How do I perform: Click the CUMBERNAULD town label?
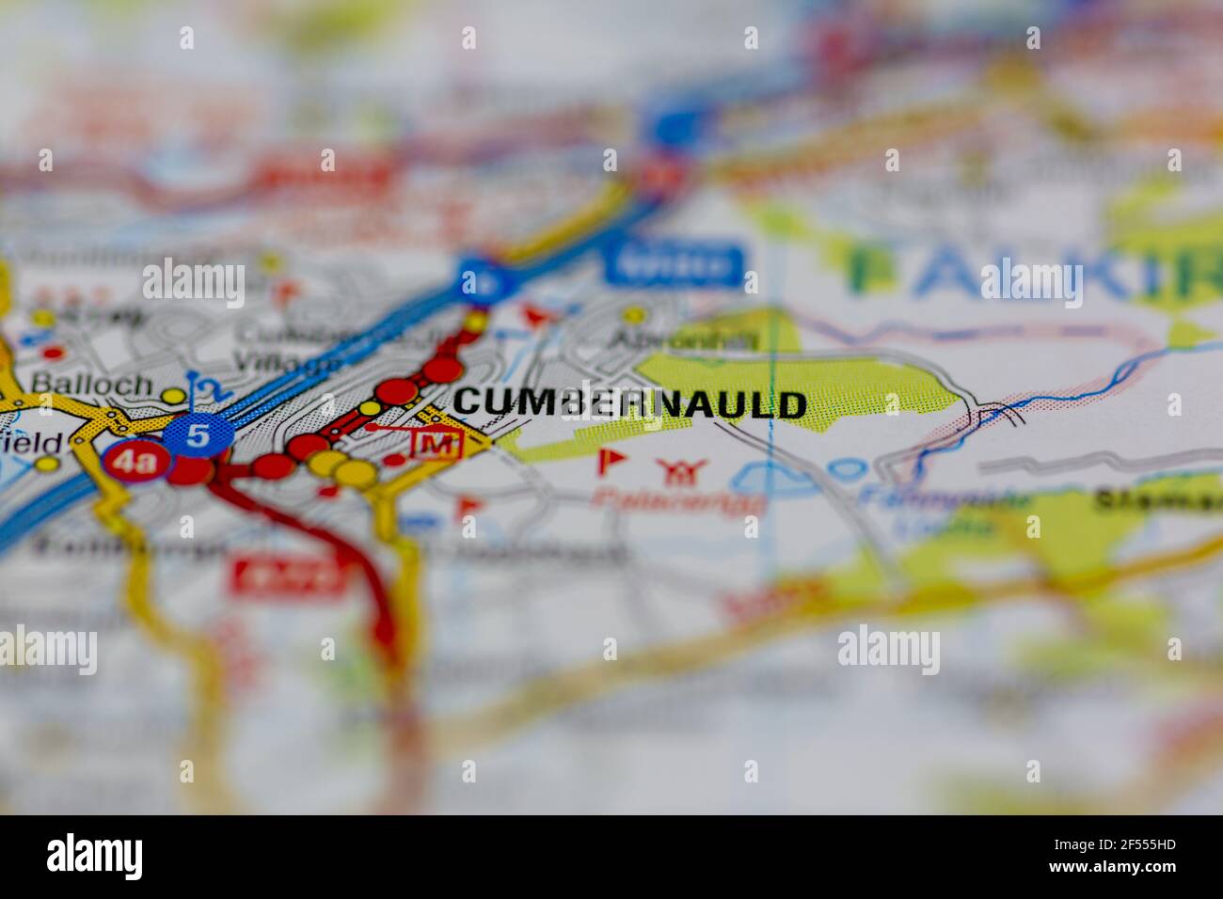(x=629, y=404)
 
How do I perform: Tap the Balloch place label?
(x=91, y=384)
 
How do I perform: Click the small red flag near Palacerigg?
(x=611, y=461)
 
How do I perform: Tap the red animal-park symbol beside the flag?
(x=674, y=471)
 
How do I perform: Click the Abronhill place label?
(x=684, y=340)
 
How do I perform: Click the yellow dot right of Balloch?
(x=172, y=396)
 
